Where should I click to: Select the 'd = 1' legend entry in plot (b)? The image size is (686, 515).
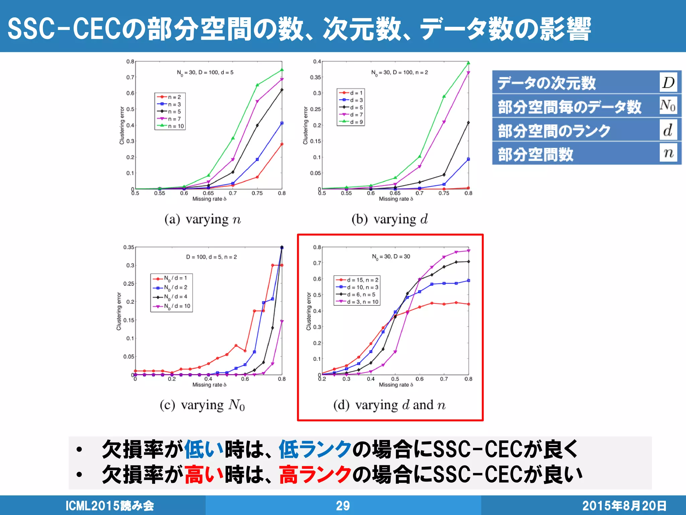coord(351,93)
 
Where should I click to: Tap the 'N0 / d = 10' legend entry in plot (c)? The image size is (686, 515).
coord(172,306)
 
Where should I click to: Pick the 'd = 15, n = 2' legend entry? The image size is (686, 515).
coord(357,280)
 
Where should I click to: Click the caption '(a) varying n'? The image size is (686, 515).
coord(203,219)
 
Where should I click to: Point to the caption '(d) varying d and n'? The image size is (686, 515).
coord(390,405)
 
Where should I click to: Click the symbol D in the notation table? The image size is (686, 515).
coord(668,82)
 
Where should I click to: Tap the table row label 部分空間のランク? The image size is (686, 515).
coord(554,131)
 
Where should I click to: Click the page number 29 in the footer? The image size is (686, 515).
coord(343,506)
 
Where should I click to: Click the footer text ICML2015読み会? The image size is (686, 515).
coord(110,506)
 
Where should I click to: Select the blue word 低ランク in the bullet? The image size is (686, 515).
coord(315,449)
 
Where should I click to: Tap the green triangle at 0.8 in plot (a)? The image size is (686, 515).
coord(282,70)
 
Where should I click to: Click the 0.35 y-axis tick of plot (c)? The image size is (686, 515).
coord(129,247)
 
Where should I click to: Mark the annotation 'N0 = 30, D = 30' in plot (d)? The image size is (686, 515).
coord(391,256)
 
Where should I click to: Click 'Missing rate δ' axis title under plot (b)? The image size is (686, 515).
coord(396,199)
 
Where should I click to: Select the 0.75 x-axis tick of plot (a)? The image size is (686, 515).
coord(257,193)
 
